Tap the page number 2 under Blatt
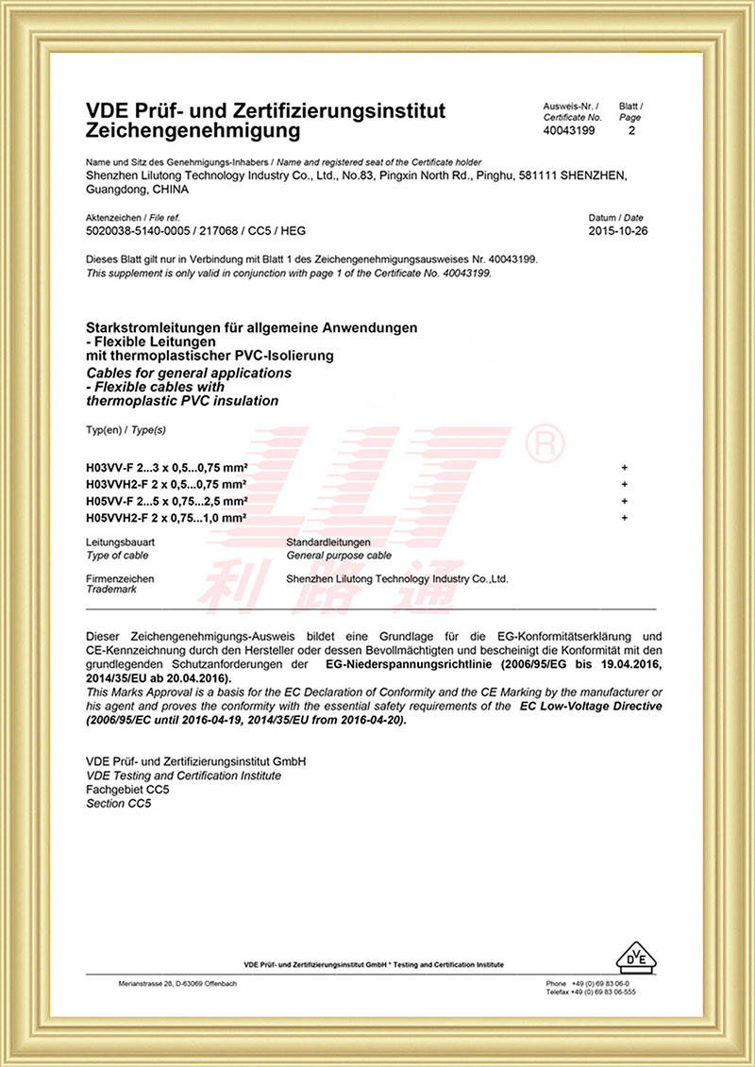coord(630,130)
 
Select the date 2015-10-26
coord(617,230)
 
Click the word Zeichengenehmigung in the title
coord(193,130)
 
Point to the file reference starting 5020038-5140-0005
coord(195,230)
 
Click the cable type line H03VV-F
coord(166,468)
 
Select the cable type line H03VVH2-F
coord(166,485)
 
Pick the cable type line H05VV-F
coord(166,501)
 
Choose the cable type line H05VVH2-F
coord(166,518)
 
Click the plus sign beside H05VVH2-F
coord(625,518)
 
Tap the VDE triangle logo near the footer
coord(636,956)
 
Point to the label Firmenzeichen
coord(119,578)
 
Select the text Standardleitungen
coord(328,543)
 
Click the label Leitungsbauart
coord(120,543)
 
